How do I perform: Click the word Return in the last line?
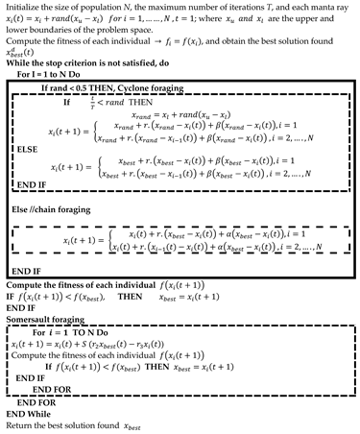pyautogui.click(x=18, y=423)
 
